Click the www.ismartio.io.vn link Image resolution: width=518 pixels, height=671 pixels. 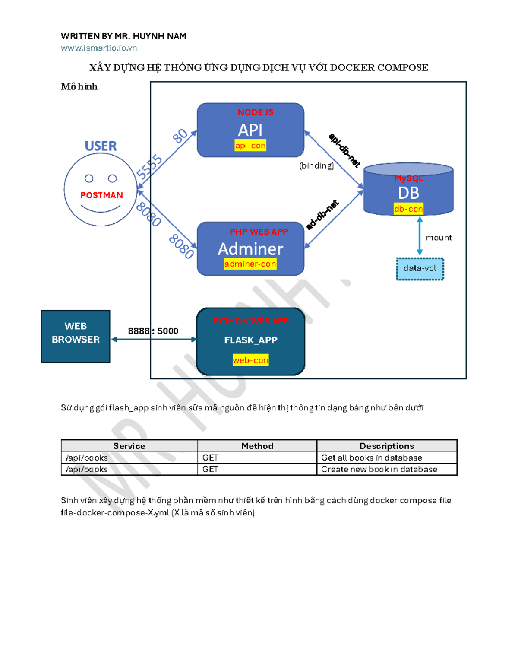click(x=99, y=48)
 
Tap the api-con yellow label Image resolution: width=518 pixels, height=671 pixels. click(x=250, y=146)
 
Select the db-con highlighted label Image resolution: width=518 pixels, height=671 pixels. click(x=408, y=209)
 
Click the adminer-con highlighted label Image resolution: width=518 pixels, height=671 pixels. click(x=250, y=264)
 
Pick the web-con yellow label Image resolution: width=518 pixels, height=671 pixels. click(x=250, y=360)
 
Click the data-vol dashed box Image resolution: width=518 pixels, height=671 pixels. click(x=420, y=268)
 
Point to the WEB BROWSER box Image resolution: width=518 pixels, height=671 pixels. click(x=76, y=336)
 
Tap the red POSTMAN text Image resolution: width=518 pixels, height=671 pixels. click(x=101, y=195)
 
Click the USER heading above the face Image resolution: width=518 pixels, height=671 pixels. click(x=101, y=146)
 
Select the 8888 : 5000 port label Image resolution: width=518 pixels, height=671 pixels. click(x=153, y=331)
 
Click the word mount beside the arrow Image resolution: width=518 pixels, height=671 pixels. click(x=439, y=238)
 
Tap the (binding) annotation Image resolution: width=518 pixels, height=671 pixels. click(x=316, y=165)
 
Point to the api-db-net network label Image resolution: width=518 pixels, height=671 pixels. click(x=344, y=150)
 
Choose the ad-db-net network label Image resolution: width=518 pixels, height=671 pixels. click(x=322, y=215)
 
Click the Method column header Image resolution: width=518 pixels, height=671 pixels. click(x=257, y=446)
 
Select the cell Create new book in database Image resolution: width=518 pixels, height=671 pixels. click(x=379, y=469)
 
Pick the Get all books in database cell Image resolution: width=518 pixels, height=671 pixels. click(x=371, y=458)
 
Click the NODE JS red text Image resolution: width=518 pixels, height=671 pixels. click(x=255, y=112)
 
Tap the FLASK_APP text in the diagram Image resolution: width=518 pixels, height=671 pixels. click(x=250, y=340)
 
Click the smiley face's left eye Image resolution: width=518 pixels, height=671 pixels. click(x=89, y=178)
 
